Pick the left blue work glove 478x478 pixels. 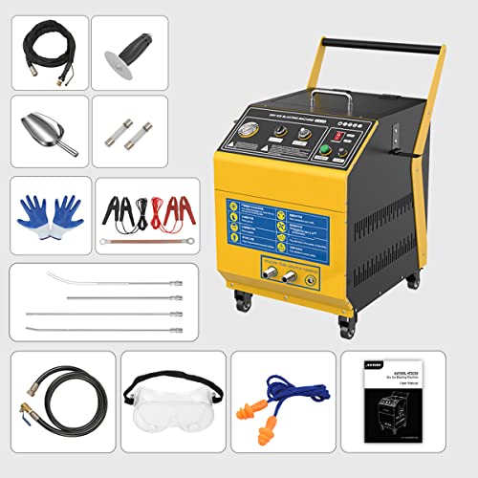coord(33,211)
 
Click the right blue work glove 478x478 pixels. coord(68,211)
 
